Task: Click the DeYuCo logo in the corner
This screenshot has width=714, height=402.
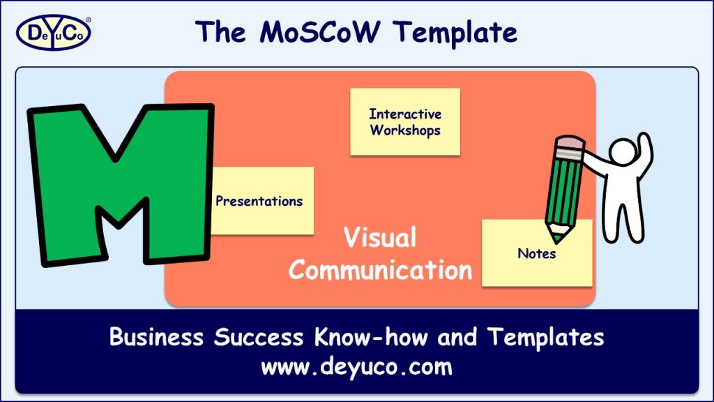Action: point(53,32)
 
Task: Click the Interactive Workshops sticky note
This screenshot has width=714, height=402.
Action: point(405,121)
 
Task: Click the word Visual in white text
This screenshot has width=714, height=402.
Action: point(380,238)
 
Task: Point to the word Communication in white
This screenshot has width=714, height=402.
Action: point(380,269)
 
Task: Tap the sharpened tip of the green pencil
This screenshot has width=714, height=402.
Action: point(556,237)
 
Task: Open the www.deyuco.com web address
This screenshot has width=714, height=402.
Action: point(356,366)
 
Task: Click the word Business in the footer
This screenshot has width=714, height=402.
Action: point(157,337)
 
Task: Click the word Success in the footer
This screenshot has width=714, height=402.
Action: point(259,337)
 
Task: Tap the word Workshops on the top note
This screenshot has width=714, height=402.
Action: point(405,130)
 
